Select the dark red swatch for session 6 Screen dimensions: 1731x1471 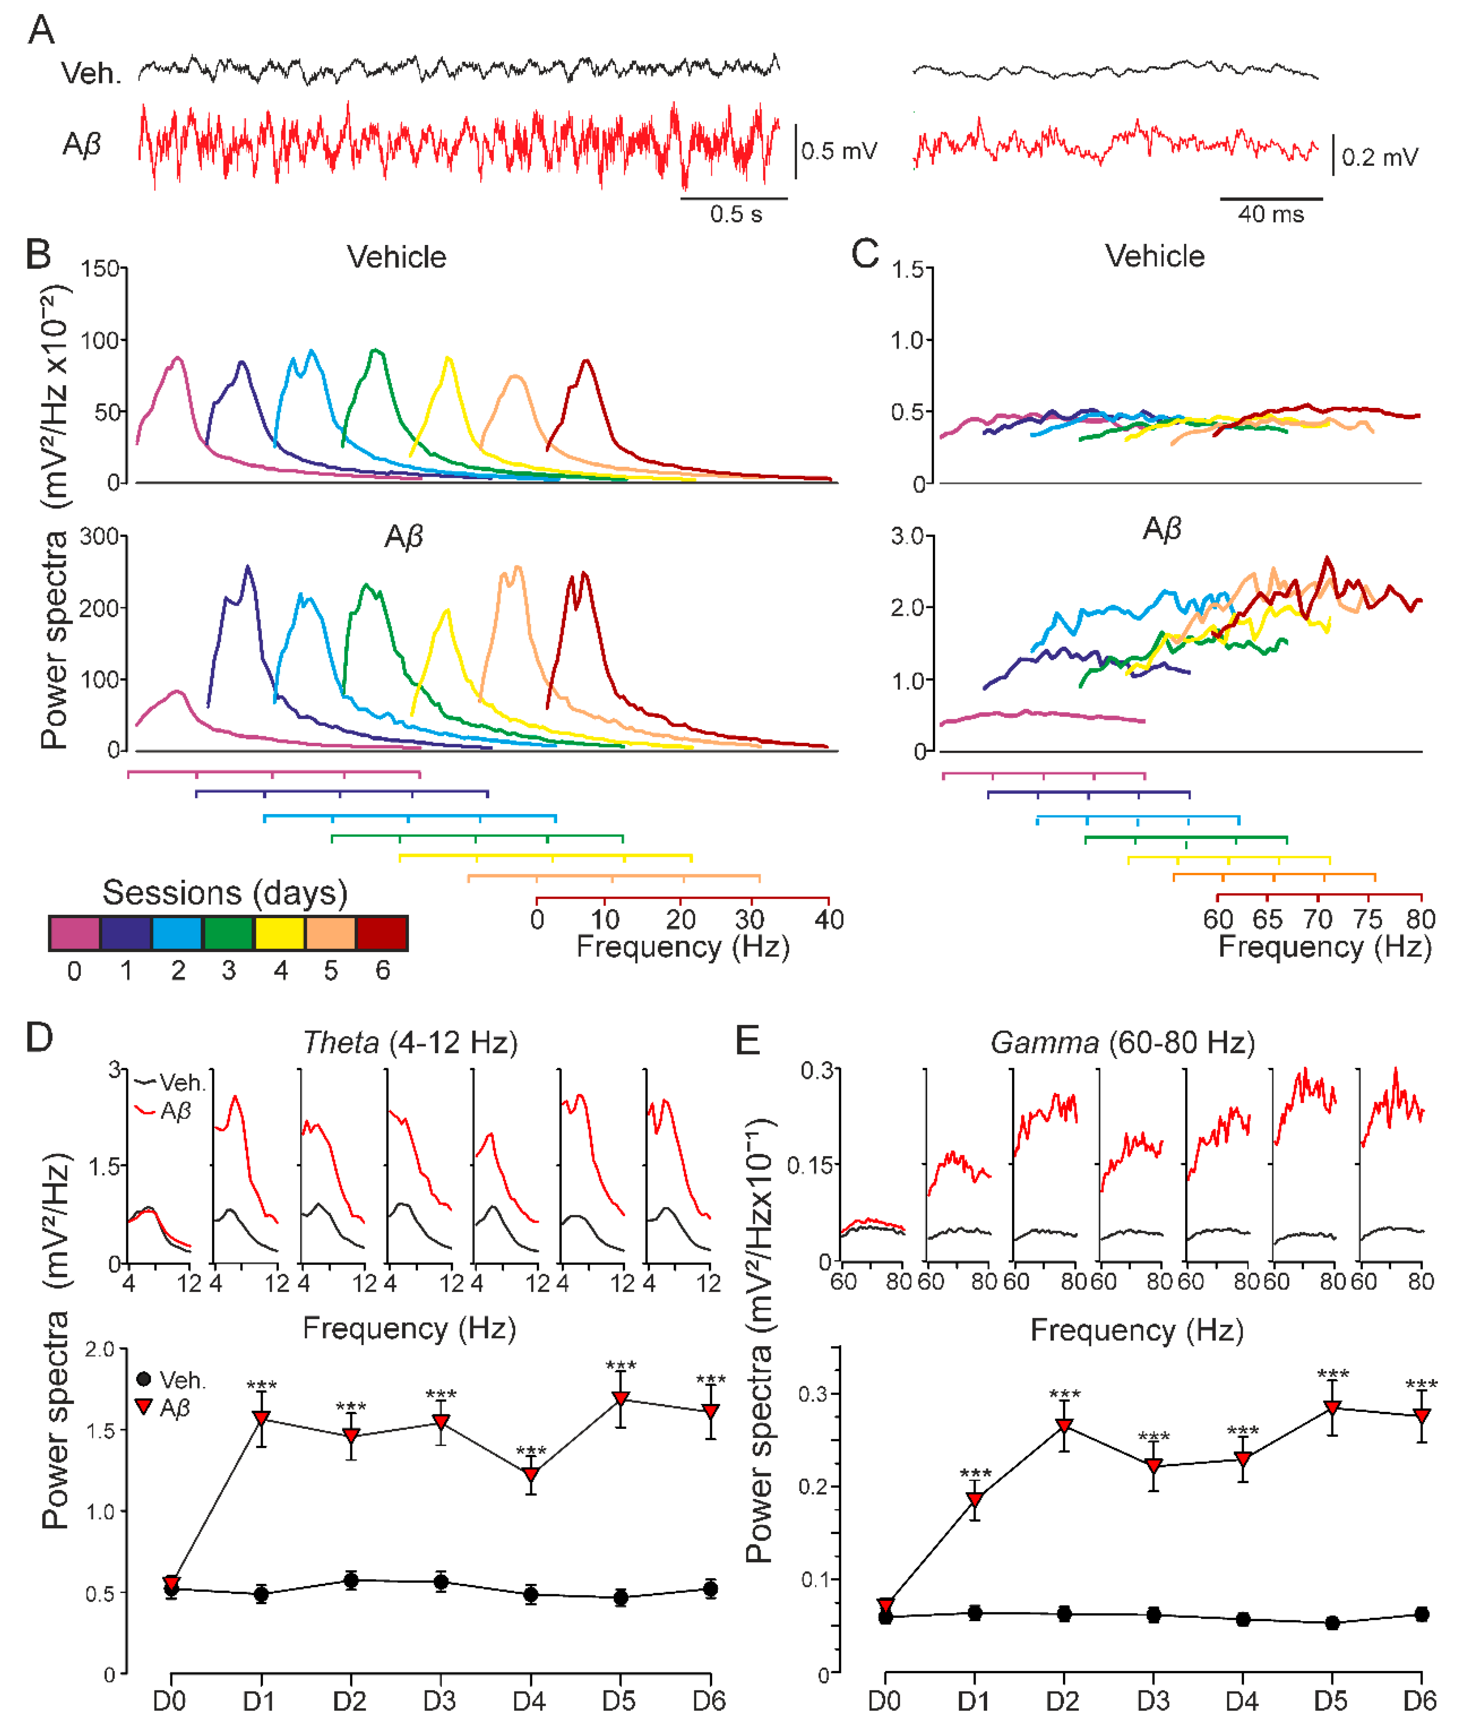coord(382,933)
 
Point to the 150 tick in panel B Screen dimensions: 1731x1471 coord(100,269)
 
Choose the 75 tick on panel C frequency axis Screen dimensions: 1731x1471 coord(1367,919)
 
